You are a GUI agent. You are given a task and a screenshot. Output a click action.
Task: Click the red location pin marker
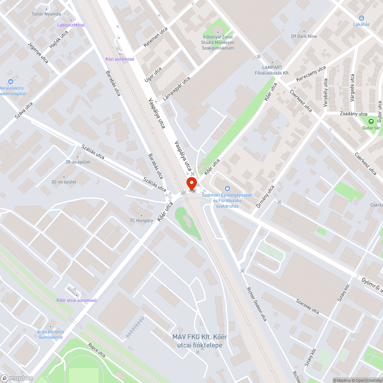coord(191,183)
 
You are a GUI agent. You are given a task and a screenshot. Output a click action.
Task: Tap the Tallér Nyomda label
coord(46,14)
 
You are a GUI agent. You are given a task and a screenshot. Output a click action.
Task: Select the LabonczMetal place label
coord(71,25)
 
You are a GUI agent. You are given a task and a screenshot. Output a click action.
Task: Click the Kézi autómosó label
coord(120,59)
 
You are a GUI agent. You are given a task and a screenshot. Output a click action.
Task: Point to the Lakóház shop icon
coord(361,18)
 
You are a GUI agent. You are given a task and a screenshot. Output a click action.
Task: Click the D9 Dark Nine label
coord(304,36)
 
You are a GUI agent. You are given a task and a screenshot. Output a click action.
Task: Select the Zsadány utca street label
coord(353,114)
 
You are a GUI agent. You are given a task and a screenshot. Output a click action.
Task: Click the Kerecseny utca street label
coord(311,74)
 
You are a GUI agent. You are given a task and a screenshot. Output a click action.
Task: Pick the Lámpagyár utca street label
coord(177,88)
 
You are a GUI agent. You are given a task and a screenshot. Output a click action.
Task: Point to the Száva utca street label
coord(24,110)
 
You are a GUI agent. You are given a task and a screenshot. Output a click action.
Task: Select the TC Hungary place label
coord(141,220)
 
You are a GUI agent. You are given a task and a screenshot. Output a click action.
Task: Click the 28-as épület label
coord(78,162)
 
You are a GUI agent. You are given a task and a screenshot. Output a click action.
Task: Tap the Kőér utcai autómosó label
coord(77,300)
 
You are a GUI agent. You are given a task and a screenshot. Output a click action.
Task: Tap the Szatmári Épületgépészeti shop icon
coord(228,188)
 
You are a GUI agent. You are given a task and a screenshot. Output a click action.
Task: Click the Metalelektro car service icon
coord(11,82)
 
